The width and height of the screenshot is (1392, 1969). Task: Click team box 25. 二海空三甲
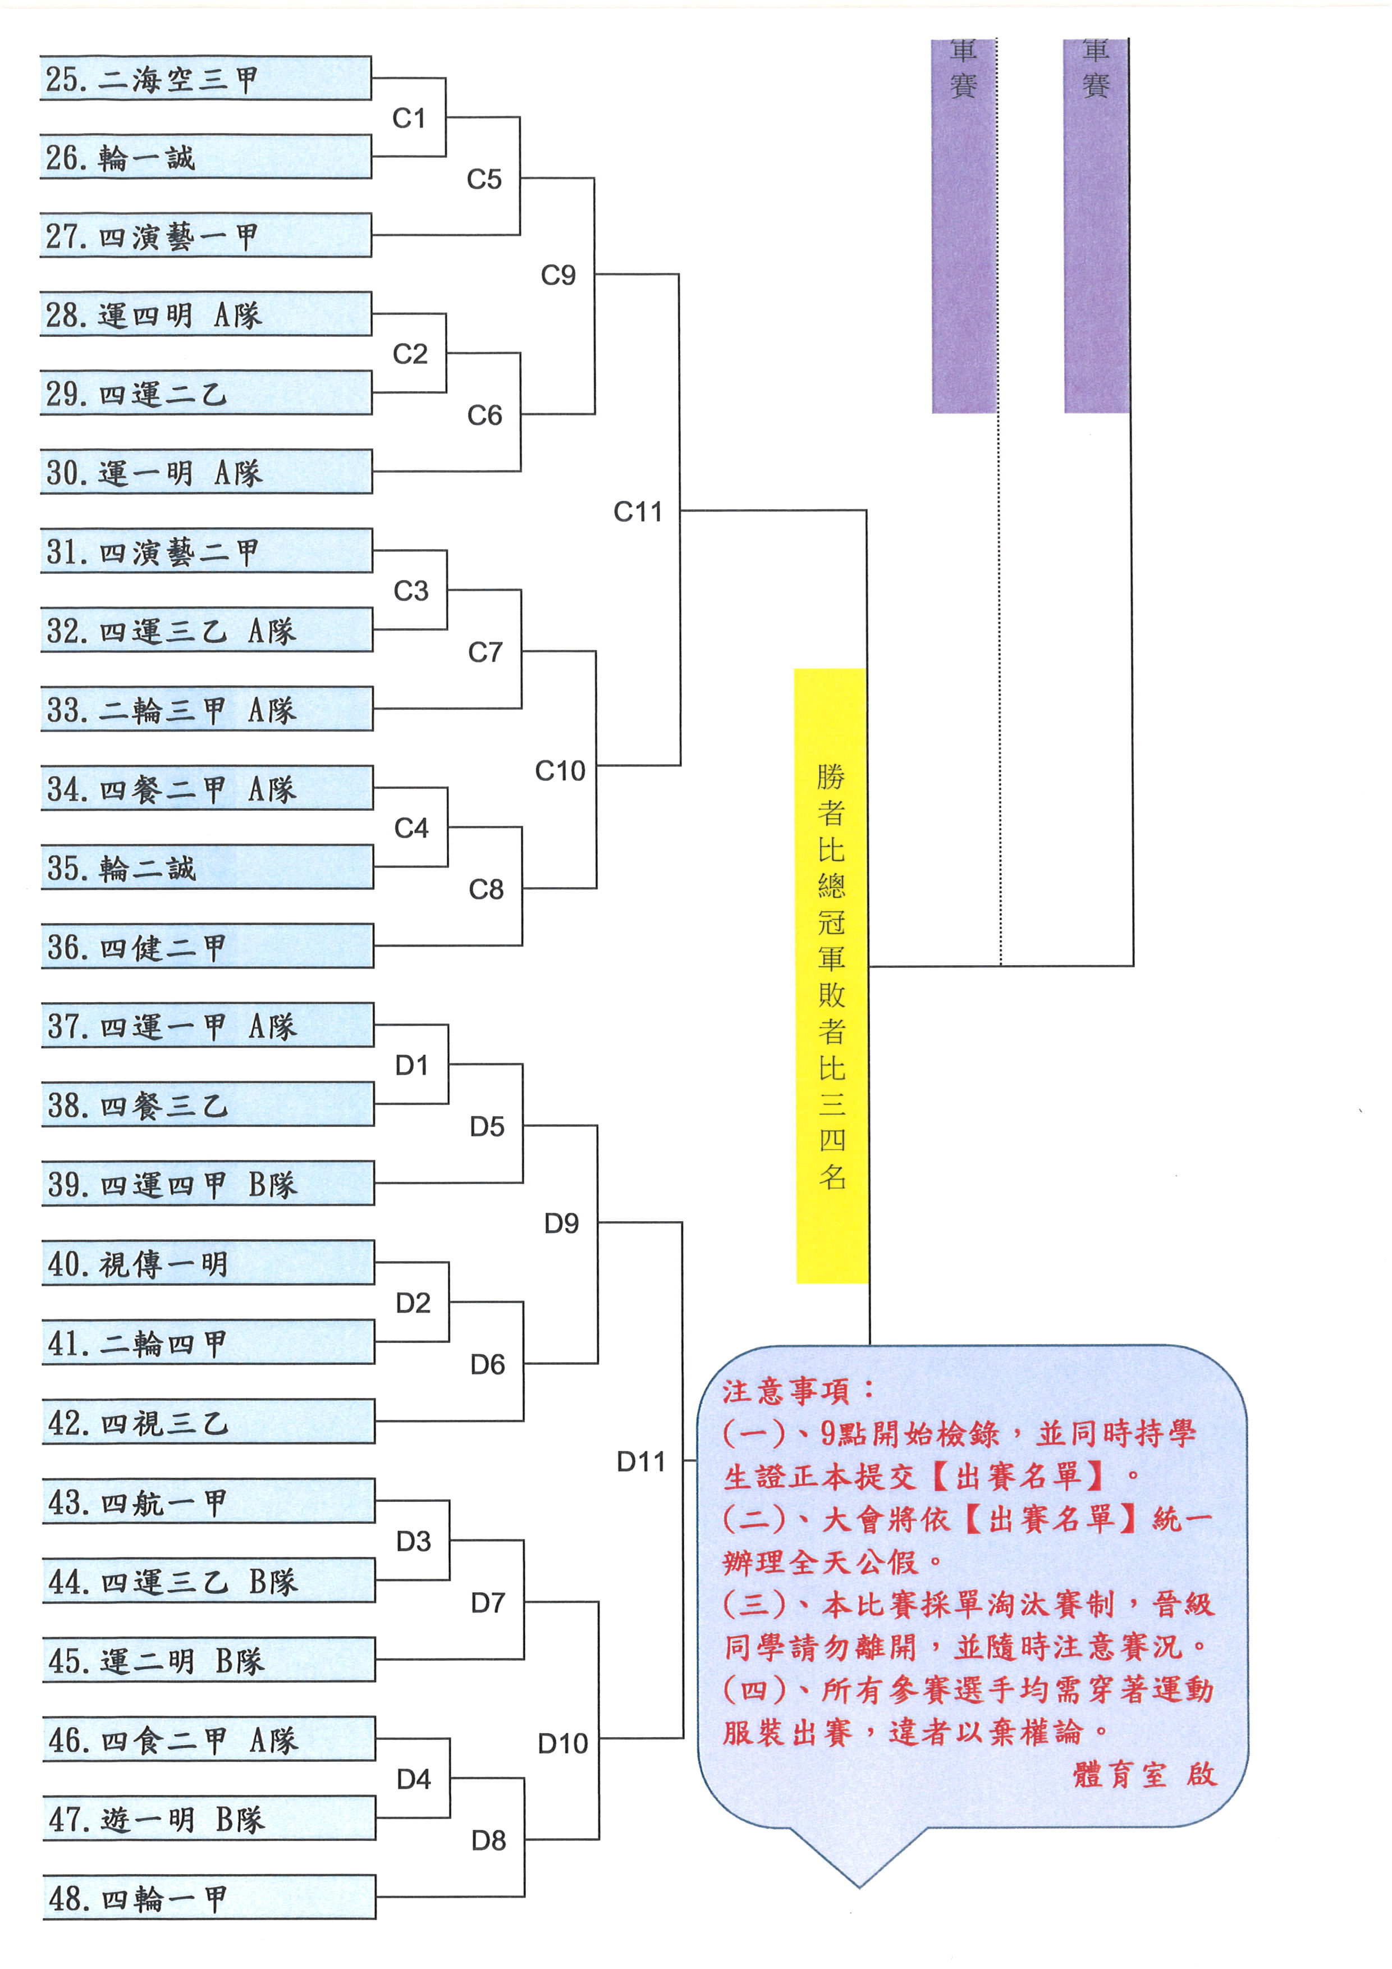point(206,78)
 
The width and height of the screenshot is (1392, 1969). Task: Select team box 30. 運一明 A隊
point(207,472)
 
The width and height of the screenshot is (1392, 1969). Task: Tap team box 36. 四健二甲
point(208,946)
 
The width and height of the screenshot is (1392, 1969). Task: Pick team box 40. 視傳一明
point(208,1262)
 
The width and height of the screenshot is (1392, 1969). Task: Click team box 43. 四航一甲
point(208,1501)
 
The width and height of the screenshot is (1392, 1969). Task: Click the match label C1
point(409,118)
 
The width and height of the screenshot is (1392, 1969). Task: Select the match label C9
point(558,275)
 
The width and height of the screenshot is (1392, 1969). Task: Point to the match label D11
point(641,1461)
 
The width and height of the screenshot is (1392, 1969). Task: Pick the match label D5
point(487,1127)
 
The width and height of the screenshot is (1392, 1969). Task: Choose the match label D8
point(488,1839)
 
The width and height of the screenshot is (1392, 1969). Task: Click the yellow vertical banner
point(831,976)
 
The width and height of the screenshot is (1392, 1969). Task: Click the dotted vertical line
point(1000,502)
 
